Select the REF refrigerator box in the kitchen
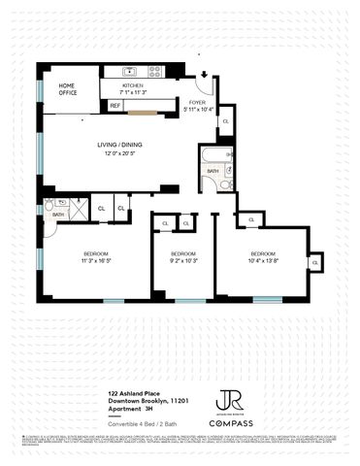(x=115, y=105)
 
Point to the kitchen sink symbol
(x=130, y=71)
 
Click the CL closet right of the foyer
(x=225, y=121)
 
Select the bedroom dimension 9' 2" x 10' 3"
(x=183, y=260)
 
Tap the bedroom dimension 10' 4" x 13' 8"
(x=263, y=260)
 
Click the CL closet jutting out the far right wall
(x=314, y=262)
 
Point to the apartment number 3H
(x=148, y=408)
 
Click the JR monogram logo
(x=231, y=399)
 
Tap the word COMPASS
(x=231, y=424)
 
